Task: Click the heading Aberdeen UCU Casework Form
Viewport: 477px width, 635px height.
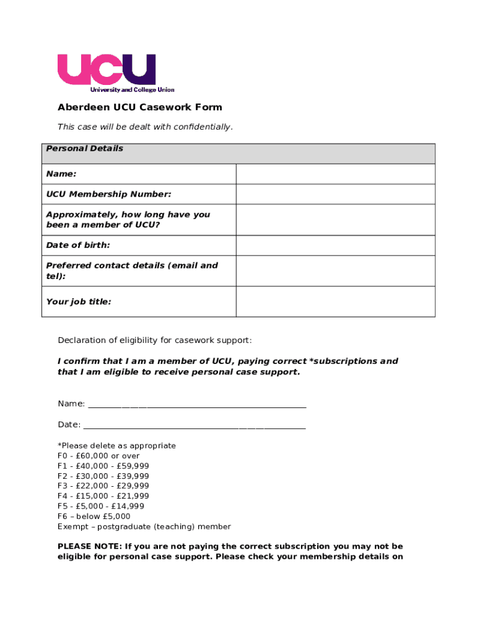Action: tap(139, 107)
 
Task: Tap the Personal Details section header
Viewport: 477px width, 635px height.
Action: tap(84, 148)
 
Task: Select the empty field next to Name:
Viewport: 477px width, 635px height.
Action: tap(335, 174)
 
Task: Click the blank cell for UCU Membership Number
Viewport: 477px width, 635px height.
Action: tap(335, 195)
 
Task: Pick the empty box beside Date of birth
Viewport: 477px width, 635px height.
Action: tap(335, 246)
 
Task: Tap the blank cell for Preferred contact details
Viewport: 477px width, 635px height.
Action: tap(335, 271)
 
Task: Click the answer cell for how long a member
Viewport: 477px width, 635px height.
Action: tap(335, 220)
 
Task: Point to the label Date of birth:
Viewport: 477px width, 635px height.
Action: tap(78, 246)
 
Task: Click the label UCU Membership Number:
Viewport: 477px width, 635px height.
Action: tap(108, 195)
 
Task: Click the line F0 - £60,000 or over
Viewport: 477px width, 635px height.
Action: tap(98, 456)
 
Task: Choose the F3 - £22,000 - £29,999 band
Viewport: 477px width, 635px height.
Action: tap(103, 486)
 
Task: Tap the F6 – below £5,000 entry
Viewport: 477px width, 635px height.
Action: tap(94, 517)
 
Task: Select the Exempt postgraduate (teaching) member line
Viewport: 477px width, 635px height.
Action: tap(144, 526)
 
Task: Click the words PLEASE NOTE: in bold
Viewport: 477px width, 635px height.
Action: tap(89, 547)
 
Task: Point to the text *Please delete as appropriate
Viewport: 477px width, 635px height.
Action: tap(116, 446)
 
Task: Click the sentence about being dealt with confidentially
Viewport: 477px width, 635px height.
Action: tap(145, 127)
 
